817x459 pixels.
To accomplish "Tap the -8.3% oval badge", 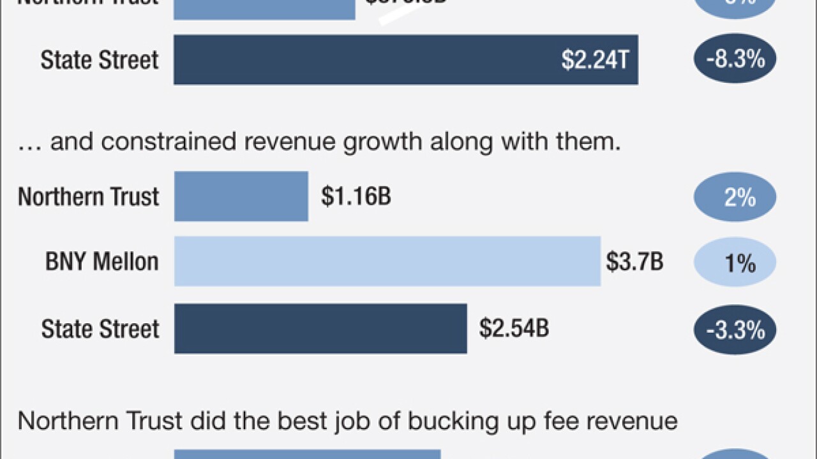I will point(735,60).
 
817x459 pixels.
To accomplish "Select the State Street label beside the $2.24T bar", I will point(100,60).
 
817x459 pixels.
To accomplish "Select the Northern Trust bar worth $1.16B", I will point(241,196).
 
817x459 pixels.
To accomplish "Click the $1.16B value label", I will point(356,196).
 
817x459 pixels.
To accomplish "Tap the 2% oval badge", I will point(735,197).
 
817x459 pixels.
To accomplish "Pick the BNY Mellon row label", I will point(102,262).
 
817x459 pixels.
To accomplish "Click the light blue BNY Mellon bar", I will point(387,261).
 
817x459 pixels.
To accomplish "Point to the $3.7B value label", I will point(634,262).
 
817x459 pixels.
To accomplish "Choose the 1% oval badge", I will point(735,263).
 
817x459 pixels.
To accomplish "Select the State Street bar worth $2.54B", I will point(320,328).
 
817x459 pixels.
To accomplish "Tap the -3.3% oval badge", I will point(735,329).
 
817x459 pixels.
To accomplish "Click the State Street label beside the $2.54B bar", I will point(100,329).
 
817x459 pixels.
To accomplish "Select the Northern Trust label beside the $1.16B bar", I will point(88,196).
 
